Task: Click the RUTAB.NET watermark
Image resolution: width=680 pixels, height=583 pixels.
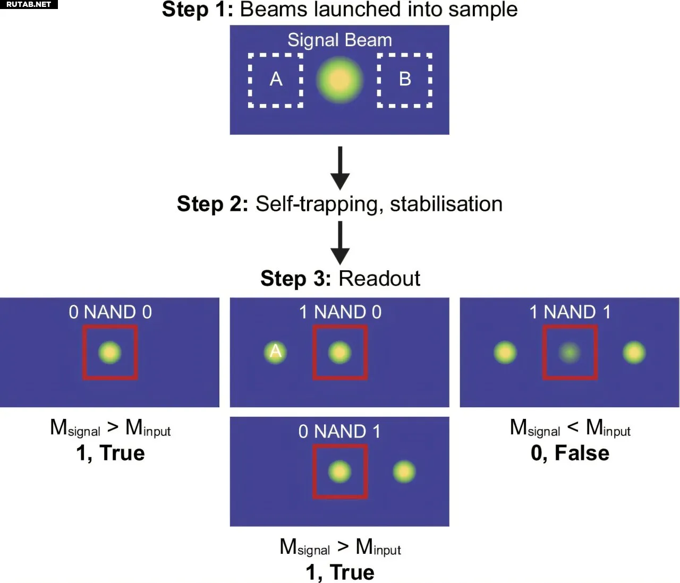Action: (x=29, y=4)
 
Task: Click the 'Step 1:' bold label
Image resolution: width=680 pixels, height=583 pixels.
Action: (x=198, y=10)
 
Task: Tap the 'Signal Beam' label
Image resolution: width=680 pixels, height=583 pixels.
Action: (x=339, y=40)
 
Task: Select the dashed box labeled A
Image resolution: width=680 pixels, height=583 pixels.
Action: (x=276, y=80)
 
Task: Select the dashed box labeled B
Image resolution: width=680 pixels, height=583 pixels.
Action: (x=404, y=80)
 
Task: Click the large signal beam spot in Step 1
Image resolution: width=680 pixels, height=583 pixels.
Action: (x=339, y=80)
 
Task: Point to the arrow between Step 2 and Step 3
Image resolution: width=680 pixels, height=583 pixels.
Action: (x=340, y=243)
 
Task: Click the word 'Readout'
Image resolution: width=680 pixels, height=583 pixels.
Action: (x=379, y=279)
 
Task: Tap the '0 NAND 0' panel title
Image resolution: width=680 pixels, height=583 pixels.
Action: (x=110, y=312)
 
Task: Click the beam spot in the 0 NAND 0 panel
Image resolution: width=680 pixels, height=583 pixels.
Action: (x=110, y=352)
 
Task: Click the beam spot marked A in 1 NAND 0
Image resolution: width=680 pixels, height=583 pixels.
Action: (x=275, y=351)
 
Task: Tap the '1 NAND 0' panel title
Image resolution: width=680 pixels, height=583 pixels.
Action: (x=340, y=312)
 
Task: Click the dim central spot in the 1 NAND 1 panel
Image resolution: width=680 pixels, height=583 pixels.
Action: (x=569, y=351)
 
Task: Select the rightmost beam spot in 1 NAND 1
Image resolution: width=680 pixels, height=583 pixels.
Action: (x=634, y=352)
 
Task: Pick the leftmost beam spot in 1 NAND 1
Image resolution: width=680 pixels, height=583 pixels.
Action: (x=505, y=352)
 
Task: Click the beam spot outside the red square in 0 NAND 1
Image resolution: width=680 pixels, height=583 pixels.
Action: (x=404, y=471)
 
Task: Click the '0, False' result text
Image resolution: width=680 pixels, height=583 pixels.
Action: (x=569, y=453)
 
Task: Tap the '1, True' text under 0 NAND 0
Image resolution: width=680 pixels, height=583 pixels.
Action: (x=110, y=453)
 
